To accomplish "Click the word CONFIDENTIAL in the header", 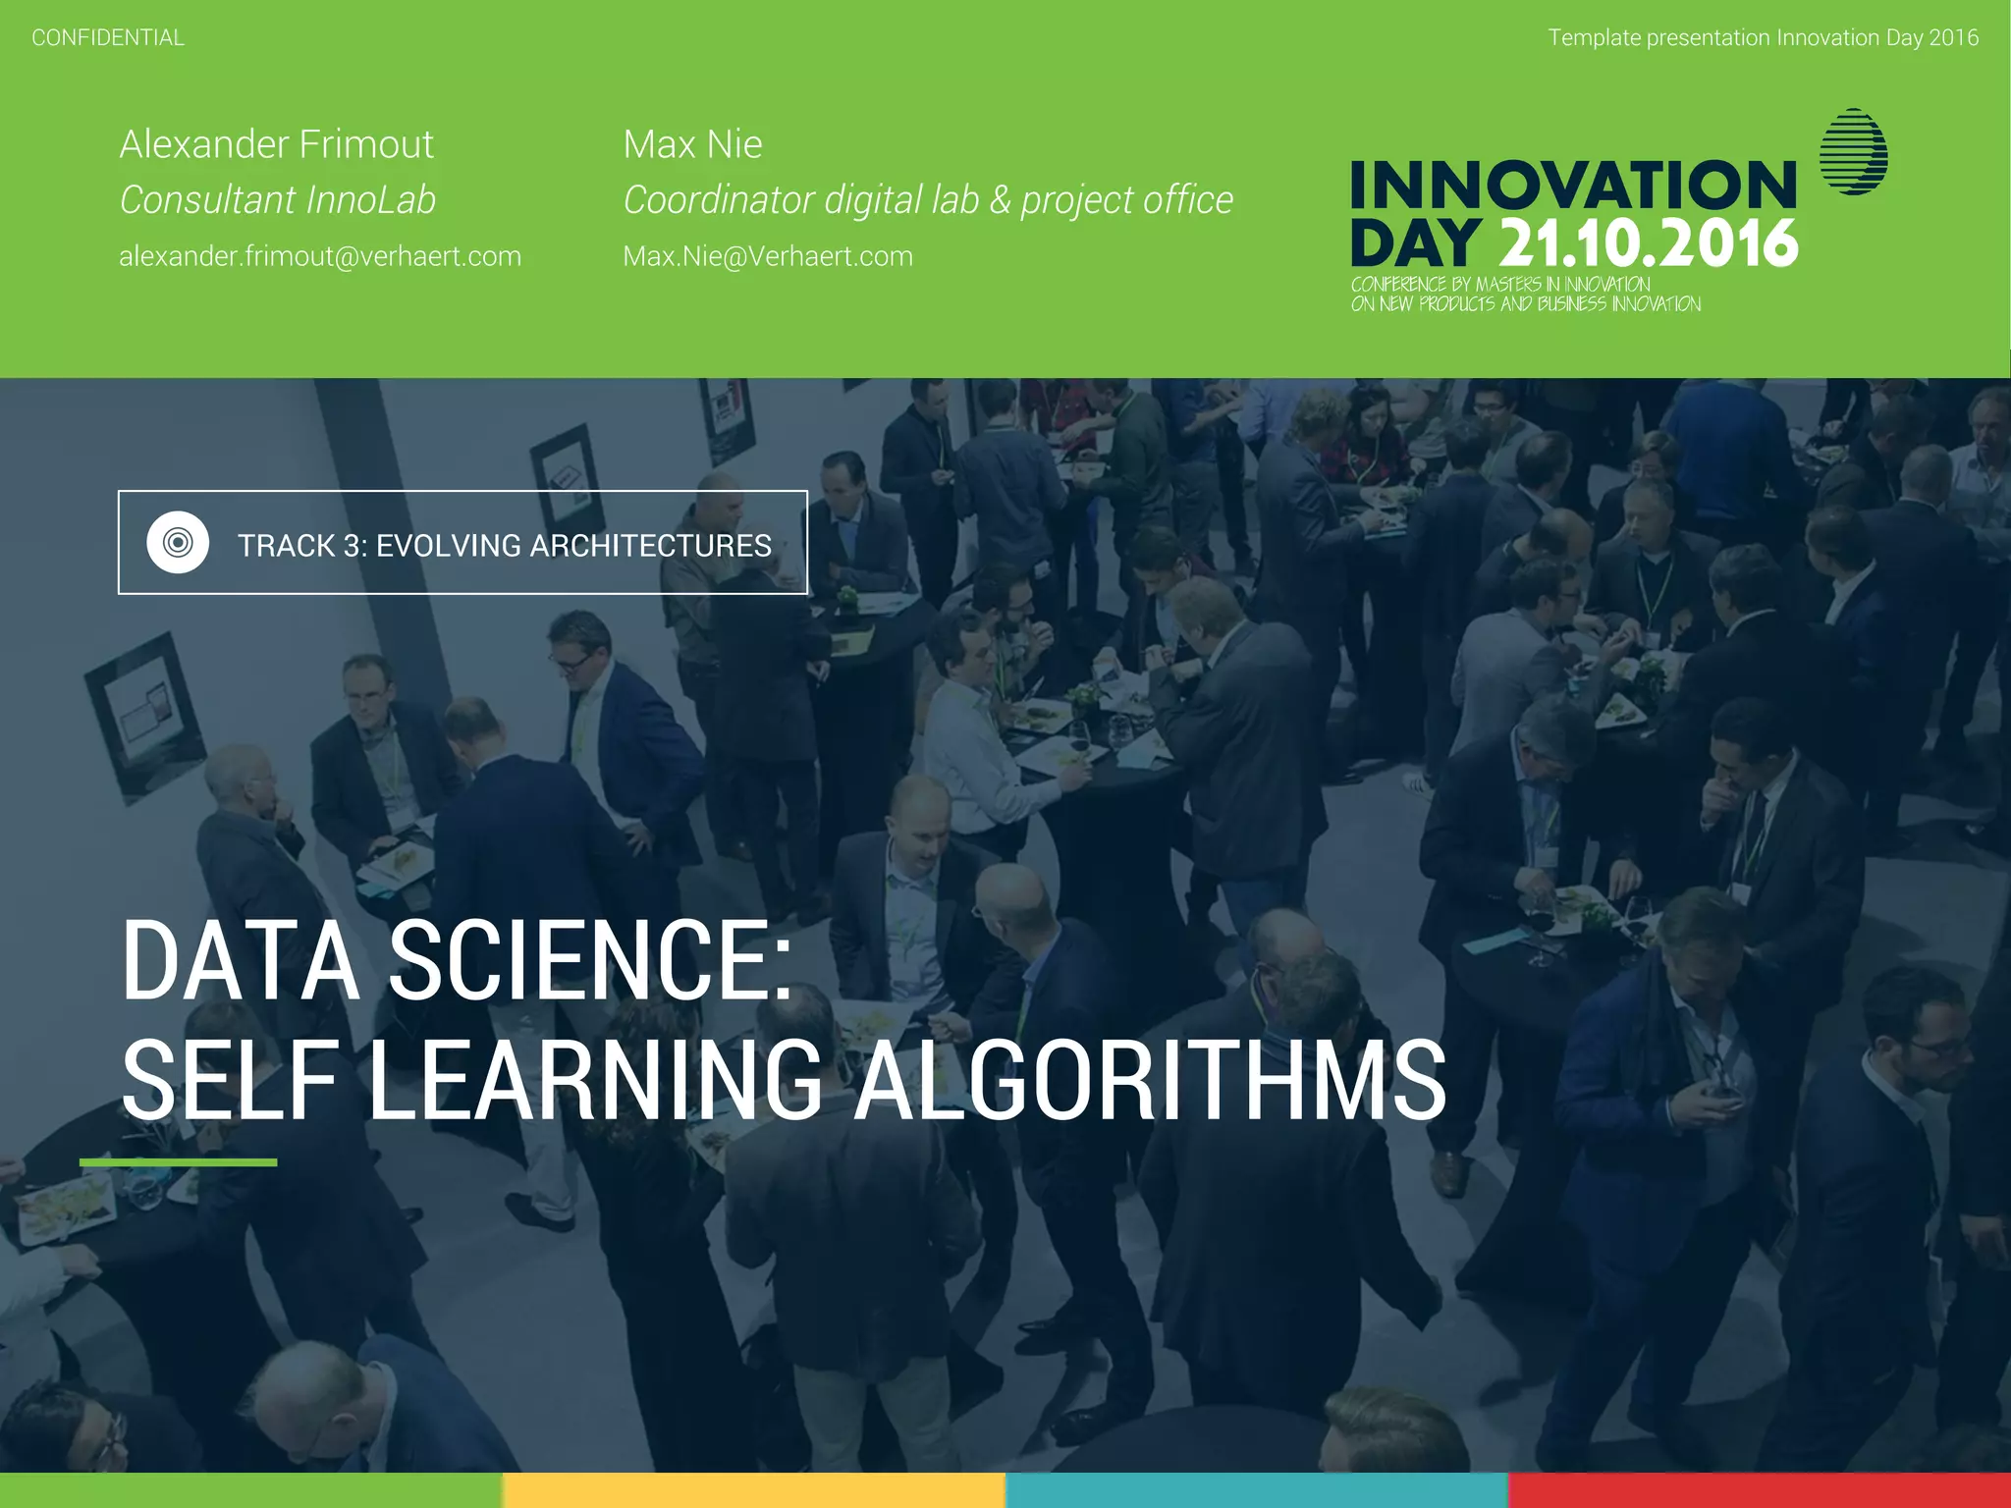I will [108, 38].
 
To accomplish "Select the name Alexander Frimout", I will [276, 144].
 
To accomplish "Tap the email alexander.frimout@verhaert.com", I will [320, 256].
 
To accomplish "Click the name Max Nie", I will [692, 144].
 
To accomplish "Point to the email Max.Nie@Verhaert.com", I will [768, 256].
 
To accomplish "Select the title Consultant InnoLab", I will [278, 200].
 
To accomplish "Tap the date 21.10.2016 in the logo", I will [1649, 243].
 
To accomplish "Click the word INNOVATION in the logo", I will [1573, 186].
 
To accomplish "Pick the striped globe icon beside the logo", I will [1853, 152].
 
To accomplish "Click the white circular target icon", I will [178, 542].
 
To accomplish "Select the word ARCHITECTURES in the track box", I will [650, 546].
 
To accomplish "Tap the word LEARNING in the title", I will [595, 1081].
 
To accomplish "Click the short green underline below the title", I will [179, 1162].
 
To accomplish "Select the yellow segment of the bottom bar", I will [754, 1490].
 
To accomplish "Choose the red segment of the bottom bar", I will [1760, 1490].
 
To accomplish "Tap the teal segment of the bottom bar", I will [1257, 1490].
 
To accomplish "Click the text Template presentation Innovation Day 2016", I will [1763, 38].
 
